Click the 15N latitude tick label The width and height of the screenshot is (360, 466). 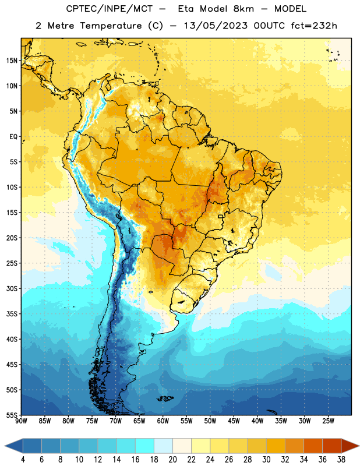point(12,61)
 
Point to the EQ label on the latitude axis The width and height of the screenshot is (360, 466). point(13,137)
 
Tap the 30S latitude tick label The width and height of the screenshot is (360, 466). point(12,288)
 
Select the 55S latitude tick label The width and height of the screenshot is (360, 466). point(12,415)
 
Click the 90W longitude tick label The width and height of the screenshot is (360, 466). point(21,421)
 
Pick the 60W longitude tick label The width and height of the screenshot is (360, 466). point(163,421)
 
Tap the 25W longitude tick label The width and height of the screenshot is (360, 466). point(328,421)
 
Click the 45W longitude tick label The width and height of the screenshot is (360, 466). point(234,421)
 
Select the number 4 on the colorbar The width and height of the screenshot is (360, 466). point(23,460)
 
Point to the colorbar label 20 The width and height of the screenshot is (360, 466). point(172,460)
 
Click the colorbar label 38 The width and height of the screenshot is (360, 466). point(341,460)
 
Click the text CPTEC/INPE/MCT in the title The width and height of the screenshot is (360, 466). point(109,9)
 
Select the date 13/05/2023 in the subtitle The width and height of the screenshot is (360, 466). point(216,26)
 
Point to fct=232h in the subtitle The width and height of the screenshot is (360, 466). point(314,26)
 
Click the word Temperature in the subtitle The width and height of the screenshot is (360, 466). point(111,26)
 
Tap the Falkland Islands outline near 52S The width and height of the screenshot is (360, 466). point(165,398)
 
